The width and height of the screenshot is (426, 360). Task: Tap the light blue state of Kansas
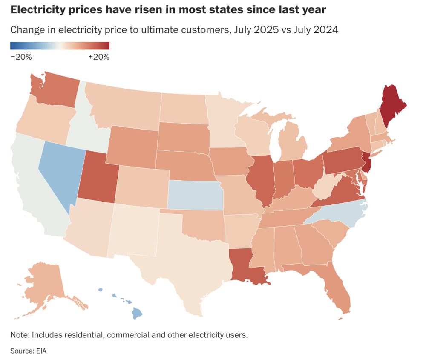(195, 195)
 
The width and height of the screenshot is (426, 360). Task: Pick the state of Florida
(337, 290)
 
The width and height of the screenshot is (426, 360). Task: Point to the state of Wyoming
(132, 145)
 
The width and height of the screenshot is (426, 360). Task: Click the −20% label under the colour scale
(21, 57)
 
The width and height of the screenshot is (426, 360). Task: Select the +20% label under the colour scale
(99, 57)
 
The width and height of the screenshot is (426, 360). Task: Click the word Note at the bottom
(19, 335)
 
